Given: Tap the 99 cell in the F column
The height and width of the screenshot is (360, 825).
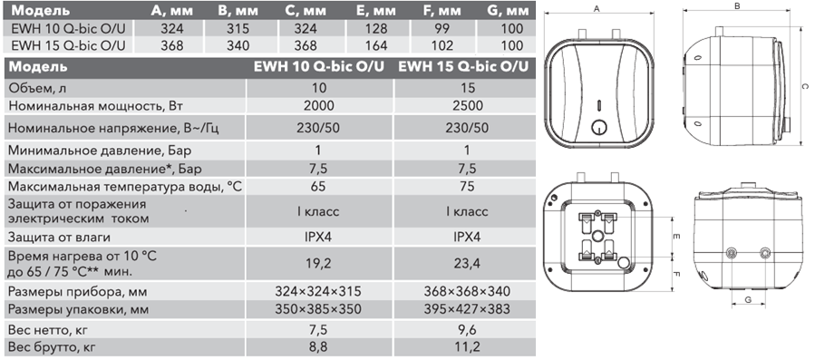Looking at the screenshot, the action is point(444,28).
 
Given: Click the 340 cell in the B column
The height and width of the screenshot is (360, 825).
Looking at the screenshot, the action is point(238,45).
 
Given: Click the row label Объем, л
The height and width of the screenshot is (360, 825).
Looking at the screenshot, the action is point(43,87).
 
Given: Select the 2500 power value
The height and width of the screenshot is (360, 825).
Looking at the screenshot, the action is point(467,105).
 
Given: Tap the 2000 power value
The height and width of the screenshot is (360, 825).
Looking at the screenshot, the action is point(318,105).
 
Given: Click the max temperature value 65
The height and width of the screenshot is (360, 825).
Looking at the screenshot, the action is point(318,186).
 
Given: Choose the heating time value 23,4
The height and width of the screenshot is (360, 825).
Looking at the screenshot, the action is point(467,263).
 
